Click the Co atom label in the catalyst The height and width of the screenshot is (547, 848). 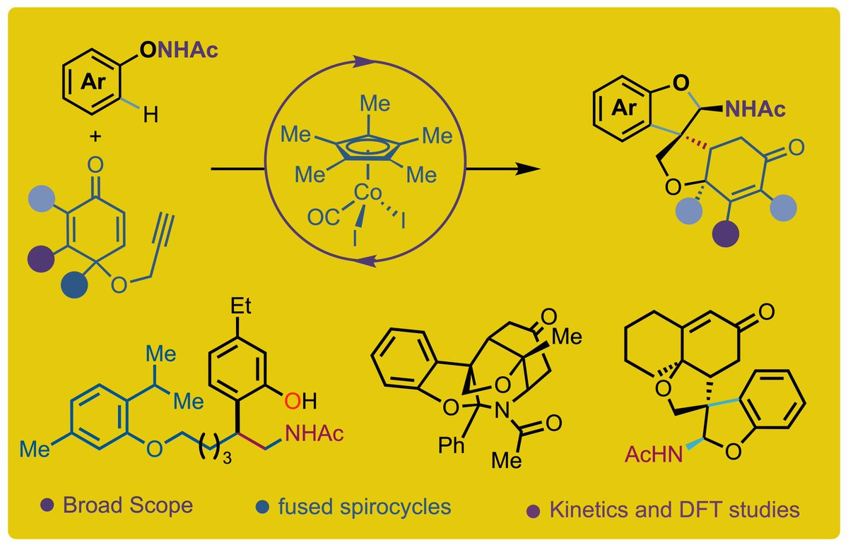(x=367, y=193)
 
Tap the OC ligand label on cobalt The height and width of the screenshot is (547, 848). (x=324, y=217)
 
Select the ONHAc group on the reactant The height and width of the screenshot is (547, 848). (x=179, y=50)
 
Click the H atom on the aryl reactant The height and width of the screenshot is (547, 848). (x=151, y=114)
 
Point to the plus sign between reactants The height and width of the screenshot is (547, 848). (x=95, y=136)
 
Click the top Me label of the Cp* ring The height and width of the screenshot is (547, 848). (x=375, y=103)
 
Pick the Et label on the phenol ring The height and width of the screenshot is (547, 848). (x=241, y=306)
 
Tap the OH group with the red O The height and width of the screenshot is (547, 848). (x=300, y=401)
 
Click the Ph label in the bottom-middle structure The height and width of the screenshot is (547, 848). (x=452, y=445)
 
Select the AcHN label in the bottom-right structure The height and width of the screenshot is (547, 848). (x=654, y=454)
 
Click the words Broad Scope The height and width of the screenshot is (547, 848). (x=128, y=505)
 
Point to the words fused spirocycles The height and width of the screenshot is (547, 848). (x=365, y=507)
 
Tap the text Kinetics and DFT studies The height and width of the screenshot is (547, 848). (x=675, y=510)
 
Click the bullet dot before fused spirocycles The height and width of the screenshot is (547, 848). (x=262, y=507)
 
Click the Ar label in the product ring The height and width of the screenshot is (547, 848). (x=624, y=108)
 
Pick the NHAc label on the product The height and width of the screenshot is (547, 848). (x=755, y=109)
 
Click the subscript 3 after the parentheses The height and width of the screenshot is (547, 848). (x=227, y=458)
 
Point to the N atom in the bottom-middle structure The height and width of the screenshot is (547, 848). (x=502, y=410)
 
